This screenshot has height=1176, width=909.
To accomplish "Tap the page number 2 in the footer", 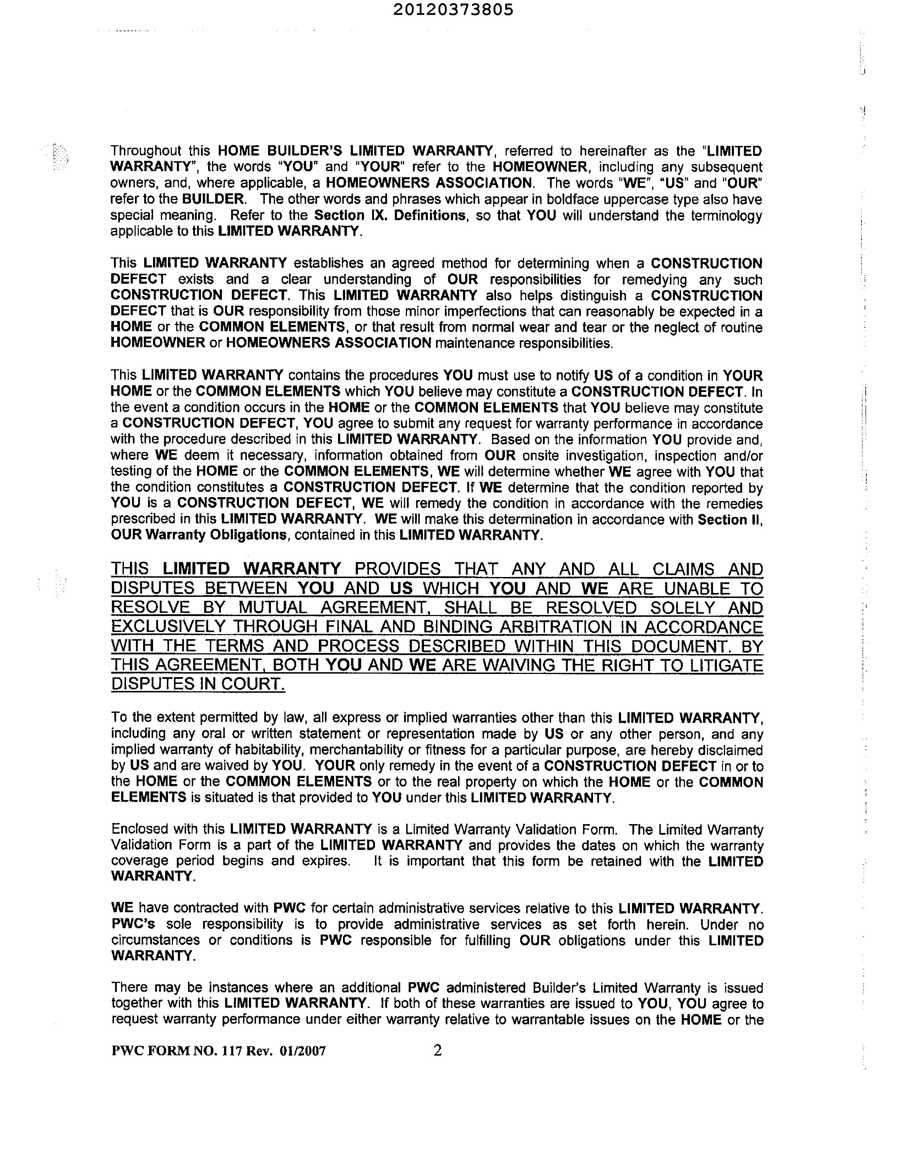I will coord(437,1050).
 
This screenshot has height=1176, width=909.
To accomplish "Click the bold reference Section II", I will coord(730,519).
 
